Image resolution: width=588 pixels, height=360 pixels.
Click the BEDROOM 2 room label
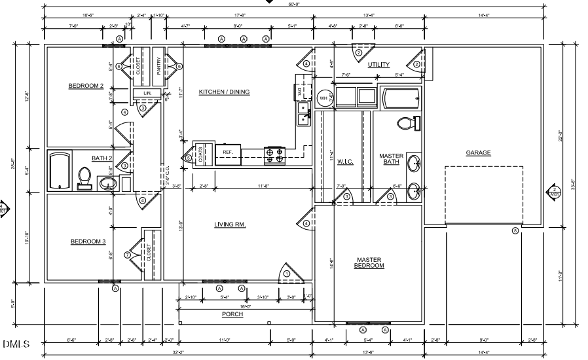[86, 86]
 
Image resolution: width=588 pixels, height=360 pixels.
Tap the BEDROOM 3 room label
[88, 242]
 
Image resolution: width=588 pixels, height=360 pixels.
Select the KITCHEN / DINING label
[225, 92]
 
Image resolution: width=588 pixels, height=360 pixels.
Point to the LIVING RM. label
[230, 225]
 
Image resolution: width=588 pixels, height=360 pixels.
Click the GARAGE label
[478, 153]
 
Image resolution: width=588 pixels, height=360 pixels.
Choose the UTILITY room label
[378, 64]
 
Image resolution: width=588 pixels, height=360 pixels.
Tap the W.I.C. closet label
[345, 162]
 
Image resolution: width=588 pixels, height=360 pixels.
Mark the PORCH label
[232, 314]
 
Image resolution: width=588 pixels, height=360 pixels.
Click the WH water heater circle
[323, 98]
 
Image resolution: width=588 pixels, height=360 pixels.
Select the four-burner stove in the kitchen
[274, 155]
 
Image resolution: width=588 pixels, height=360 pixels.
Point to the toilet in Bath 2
[84, 177]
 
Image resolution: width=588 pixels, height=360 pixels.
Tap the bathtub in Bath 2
[60, 171]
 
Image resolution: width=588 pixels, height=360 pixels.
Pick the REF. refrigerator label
[228, 152]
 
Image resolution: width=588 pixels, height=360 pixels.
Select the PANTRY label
[158, 65]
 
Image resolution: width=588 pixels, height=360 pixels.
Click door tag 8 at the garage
[515, 230]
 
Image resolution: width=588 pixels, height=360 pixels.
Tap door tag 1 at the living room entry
[286, 273]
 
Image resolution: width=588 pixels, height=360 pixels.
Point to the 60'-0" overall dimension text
[293, 5]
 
